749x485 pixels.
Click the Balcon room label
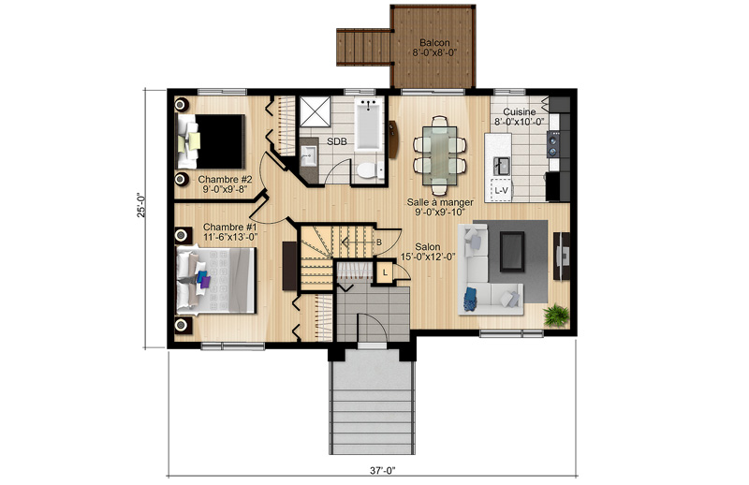[x=434, y=42]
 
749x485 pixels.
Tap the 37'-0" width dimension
[x=383, y=471]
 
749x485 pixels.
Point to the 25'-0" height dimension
[x=141, y=205]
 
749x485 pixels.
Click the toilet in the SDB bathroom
[x=369, y=169]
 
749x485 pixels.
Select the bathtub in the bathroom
[x=369, y=125]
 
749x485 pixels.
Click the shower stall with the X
[x=315, y=111]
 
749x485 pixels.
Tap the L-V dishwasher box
[x=502, y=190]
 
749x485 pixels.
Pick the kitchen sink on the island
[x=501, y=166]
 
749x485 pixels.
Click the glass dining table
[x=439, y=152]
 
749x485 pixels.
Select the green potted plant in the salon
[x=556, y=316]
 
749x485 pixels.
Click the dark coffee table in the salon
[x=512, y=251]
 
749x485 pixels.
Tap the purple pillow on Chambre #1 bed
[x=205, y=282]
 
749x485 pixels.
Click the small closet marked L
[x=385, y=272]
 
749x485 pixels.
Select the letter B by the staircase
[x=379, y=242]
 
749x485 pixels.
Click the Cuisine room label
[x=520, y=111]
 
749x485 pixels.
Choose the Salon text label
[x=428, y=247]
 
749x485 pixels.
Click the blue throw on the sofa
[x=471, y=299]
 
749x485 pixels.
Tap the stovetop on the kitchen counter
[x=553, y=144]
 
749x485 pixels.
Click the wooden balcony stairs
[x=363, y=47]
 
